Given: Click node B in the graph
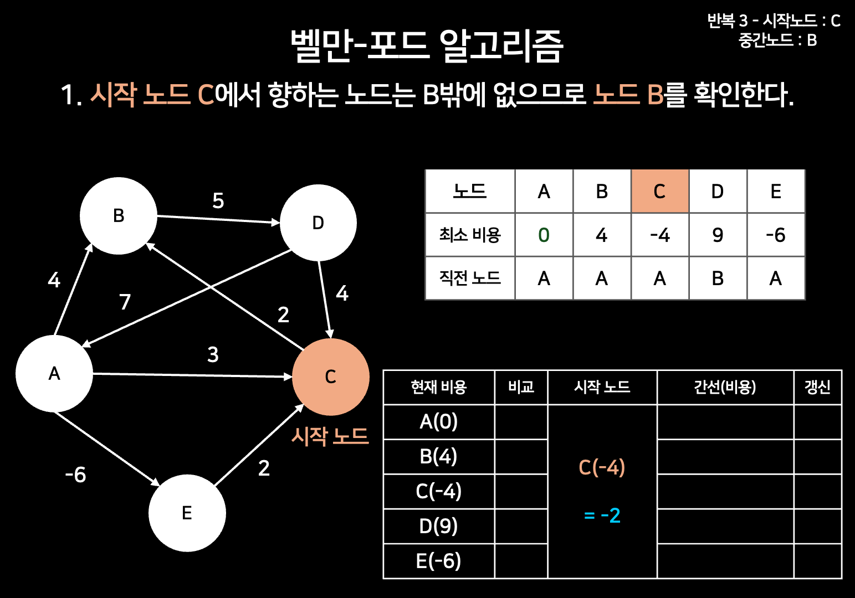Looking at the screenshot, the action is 119,216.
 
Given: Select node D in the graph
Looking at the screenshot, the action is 318,223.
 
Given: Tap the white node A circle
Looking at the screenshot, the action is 54,374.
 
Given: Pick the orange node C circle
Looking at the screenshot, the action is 331,377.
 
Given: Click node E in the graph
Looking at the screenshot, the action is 187,513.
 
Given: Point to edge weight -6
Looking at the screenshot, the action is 76,475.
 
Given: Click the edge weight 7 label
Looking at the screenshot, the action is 125,302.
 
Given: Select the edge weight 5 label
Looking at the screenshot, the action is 218,200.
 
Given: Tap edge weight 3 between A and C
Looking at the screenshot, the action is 213,354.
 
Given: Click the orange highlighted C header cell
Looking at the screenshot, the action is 659,192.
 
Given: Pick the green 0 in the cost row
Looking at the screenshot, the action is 544,235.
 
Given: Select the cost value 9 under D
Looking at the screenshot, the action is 718,235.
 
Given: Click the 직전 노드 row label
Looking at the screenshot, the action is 470,278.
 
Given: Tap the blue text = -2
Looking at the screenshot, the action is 602,515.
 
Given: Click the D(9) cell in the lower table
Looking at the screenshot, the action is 438,526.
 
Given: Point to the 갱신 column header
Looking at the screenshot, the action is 817,387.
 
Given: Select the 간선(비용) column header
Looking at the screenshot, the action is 725,387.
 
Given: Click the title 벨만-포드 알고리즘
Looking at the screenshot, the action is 427,45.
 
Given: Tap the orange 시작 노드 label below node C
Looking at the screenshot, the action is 330,436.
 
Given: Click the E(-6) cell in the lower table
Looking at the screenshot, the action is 438,561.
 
